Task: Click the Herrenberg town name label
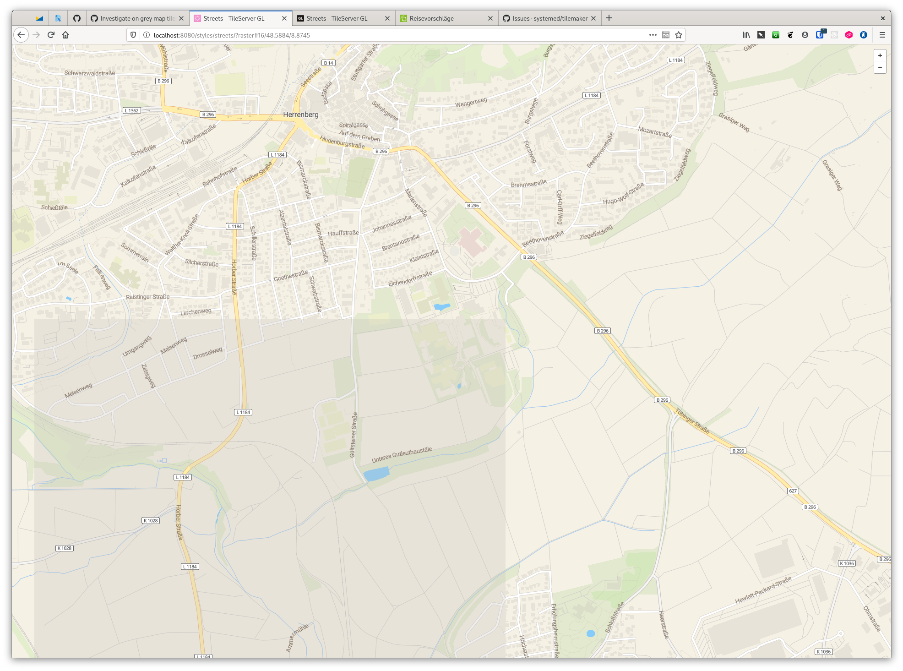point(300,115)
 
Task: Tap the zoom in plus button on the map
point(880,55)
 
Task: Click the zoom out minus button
point(880,67)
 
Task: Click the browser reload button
point(51,35)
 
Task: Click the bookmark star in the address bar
point(679,35)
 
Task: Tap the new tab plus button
point(609,18)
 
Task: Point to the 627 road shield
point(793,491)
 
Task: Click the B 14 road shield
point(328,63)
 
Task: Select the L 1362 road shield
point(132,110)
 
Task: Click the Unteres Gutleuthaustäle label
point(402,454)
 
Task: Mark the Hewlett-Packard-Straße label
point(763,590)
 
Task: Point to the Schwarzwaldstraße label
point(90,73)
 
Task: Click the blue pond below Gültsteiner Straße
point(376,474)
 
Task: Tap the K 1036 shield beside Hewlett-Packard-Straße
point(847,563)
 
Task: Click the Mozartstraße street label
point(655,132)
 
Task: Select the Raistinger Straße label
point(147,297)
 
